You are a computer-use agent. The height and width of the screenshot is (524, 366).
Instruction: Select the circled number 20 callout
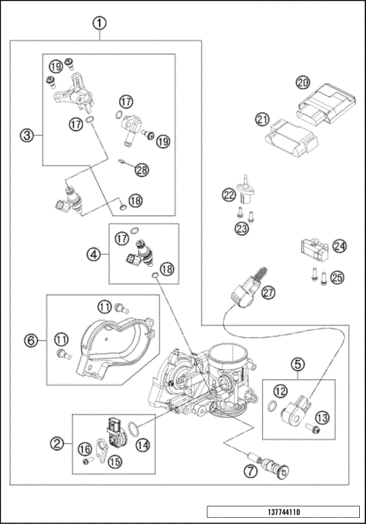(x=303, y=82)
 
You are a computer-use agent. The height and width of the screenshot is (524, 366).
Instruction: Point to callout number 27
(x=267, y=292)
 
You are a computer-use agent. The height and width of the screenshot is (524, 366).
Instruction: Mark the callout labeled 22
(x=228, y=195)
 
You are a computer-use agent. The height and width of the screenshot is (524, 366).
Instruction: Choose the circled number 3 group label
(x=27, y=136)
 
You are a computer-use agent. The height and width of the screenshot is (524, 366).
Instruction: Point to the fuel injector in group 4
(x=143, y=252)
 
